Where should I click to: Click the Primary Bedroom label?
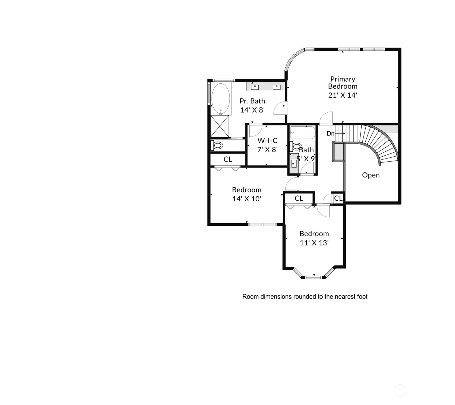click(343, 83)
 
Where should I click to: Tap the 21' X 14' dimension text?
click(343, 95)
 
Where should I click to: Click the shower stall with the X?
click(220, 126)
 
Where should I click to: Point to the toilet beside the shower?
click(217, 145)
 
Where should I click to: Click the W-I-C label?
click(267, 141)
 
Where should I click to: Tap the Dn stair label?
click(331, 133)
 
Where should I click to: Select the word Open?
click(371, 175)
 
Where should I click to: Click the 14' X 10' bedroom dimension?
click(247, 199)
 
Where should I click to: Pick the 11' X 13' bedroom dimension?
click(314, 243)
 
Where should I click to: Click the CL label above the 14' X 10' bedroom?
click(228, 159)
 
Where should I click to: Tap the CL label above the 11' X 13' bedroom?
click(299, 198)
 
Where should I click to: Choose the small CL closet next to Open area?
click(338, 198)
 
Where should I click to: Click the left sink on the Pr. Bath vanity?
click(255, 87)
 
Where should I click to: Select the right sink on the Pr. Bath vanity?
click(276, 87)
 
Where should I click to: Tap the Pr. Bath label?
click(252, 101)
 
